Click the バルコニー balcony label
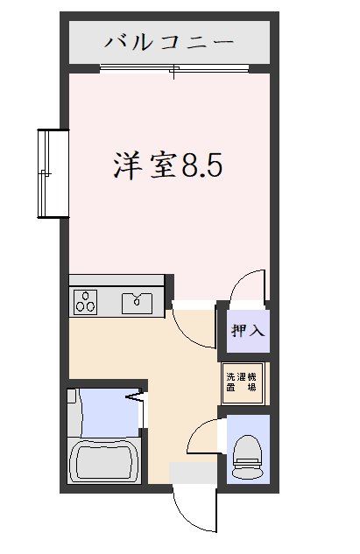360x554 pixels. [169, 42]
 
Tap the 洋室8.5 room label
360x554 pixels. [168, 165]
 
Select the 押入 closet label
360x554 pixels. [248, 331]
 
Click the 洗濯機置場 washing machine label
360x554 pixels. [242, 382]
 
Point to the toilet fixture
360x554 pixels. [248, 457]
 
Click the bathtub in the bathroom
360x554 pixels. [105, 460]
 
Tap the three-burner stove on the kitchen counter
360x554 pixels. [85, 301]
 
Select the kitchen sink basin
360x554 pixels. [137, 304]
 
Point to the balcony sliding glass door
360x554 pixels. [174, 68]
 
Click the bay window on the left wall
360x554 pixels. [53, 173]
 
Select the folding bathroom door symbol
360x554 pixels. [136, 397]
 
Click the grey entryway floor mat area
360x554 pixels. [194, 473]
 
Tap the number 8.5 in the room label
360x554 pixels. [202, 165]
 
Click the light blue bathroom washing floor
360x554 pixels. [109, 413]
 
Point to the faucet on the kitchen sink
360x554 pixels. [137, 300]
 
